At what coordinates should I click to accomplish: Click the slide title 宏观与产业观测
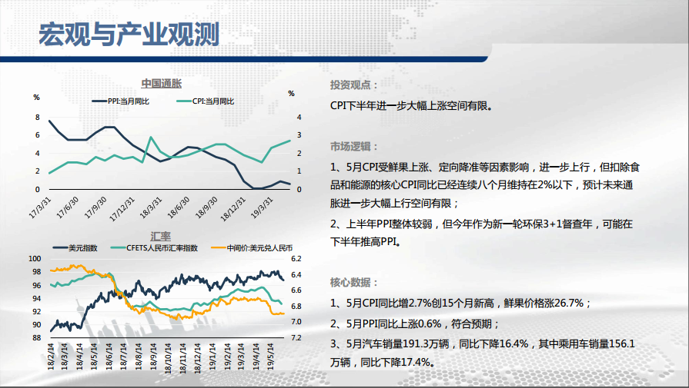[129, 34]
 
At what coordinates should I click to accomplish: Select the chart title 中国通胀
[161, 84]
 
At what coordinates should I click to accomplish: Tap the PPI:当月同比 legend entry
[120, 101]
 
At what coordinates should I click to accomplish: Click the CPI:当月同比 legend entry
[206, 101]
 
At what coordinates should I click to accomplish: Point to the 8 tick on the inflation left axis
[38, 118]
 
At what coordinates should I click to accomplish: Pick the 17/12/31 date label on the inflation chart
[122, 209]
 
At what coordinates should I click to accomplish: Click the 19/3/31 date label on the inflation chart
[262, 207]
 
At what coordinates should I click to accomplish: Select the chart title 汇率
[160, 237]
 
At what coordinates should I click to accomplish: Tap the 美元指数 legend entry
[75, 248]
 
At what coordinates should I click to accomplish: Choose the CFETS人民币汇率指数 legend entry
[155, 248]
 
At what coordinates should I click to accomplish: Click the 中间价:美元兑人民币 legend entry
[252, 248]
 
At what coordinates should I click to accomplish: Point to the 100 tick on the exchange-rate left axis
[35, 259]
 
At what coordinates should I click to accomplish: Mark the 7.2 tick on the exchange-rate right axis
[296, 337]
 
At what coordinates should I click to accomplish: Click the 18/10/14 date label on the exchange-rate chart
[168, 358]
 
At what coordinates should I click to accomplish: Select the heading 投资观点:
[353, 85]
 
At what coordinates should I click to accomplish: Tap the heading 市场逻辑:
[353, 147]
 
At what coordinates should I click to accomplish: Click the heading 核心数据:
[353, 282]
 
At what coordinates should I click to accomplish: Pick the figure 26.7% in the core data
[569, 303]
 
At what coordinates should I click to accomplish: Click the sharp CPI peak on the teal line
[151, 138]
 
